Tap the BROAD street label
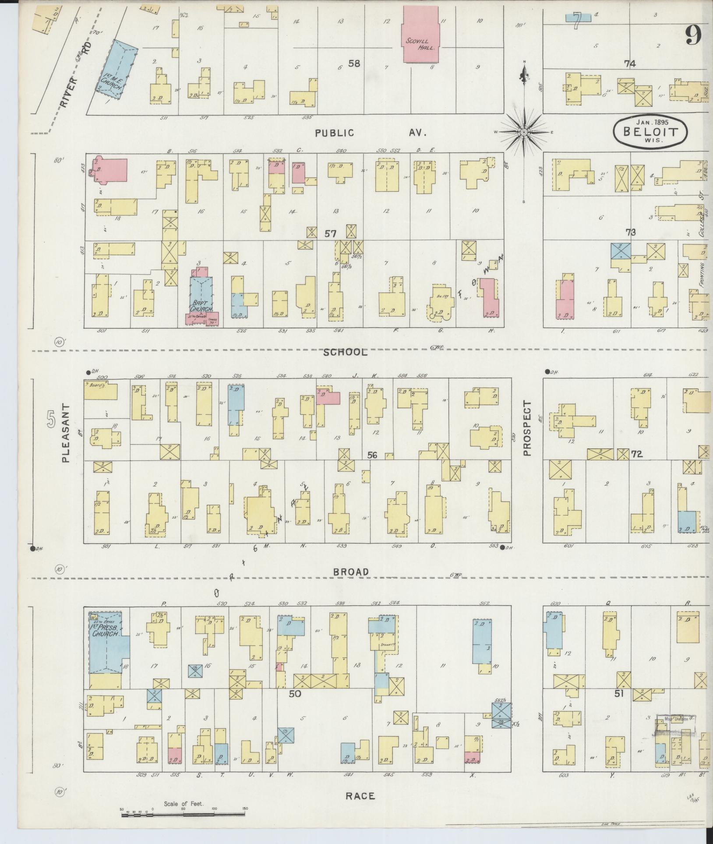tap(351, 572)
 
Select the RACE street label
tap(360, 796)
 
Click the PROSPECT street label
tap(527, 428)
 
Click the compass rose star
tap(524, 131)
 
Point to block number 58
tap(354, 64)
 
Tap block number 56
tap(372, 456)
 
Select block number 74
tap(630, 64)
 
